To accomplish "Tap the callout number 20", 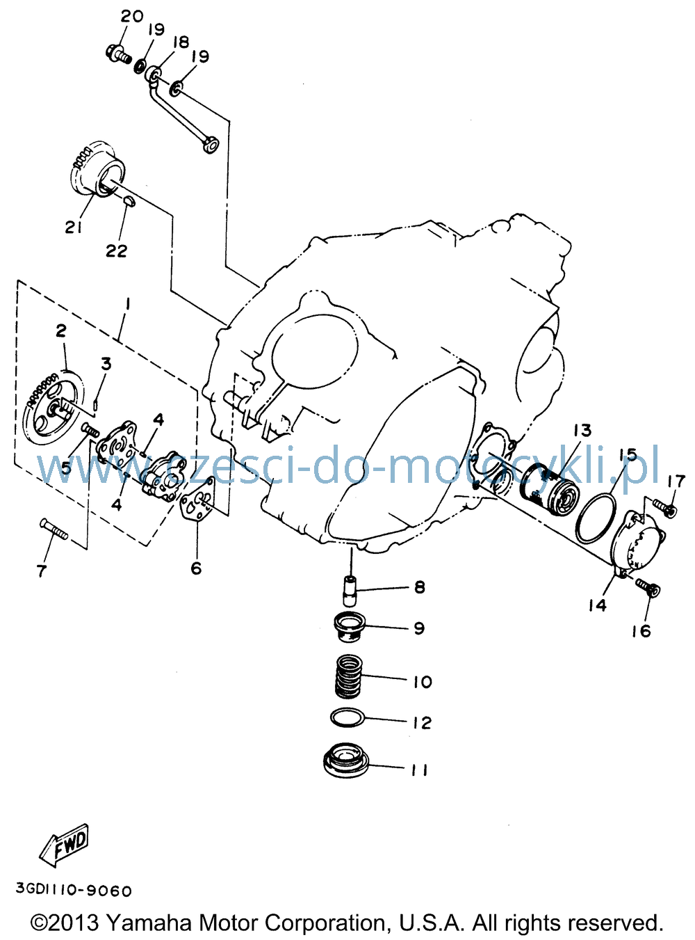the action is pos(132,16).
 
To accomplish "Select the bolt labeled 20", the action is pos(118,54).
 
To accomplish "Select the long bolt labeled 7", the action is pos(54,529).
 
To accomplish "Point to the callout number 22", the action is pos(117,251).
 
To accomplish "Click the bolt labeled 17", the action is pos(664,508).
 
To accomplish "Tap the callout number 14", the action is pos(597,605).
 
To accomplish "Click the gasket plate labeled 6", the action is pos(197,504).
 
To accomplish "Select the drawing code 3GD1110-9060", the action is pos(74,890).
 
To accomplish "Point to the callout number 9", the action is pos(419,628).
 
